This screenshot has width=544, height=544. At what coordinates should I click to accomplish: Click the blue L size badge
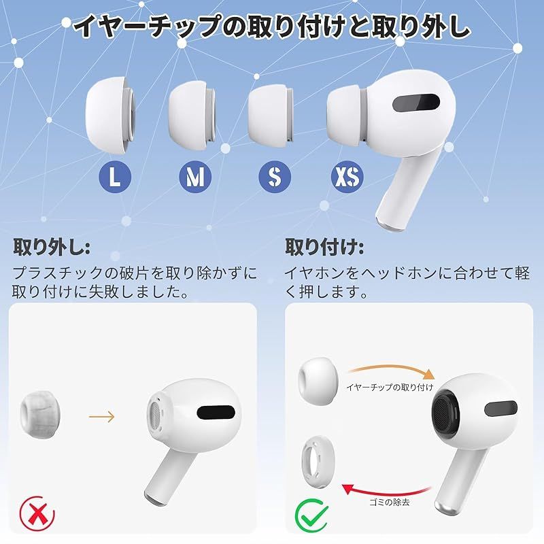[x=115, y=177]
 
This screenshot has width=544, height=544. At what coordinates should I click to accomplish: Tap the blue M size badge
[x=195, y=177]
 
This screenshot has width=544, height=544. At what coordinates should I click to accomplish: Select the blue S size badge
[x=275, y=177]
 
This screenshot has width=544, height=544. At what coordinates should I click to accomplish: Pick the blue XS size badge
[x=347, y=177]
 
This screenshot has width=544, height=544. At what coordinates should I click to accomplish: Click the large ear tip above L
[x=110, y=116]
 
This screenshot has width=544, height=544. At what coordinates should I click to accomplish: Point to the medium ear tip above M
[x=192, y=116]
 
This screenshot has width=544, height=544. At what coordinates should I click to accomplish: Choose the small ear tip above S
[x=271, y=116]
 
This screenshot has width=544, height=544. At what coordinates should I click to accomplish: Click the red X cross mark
[x=37, y=513]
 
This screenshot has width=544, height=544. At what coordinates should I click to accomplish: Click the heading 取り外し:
[x=52, y=247]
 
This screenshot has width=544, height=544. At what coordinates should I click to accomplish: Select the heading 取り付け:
[x=324, y=247]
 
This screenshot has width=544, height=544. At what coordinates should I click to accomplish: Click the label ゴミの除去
[x=389, y=502]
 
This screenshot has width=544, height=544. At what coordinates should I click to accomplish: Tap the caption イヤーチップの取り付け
[x=390, y=387]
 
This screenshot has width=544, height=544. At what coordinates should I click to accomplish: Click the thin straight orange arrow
[x=101, y=416]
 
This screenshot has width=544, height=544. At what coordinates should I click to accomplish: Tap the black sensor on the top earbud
[x=416, y=103]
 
